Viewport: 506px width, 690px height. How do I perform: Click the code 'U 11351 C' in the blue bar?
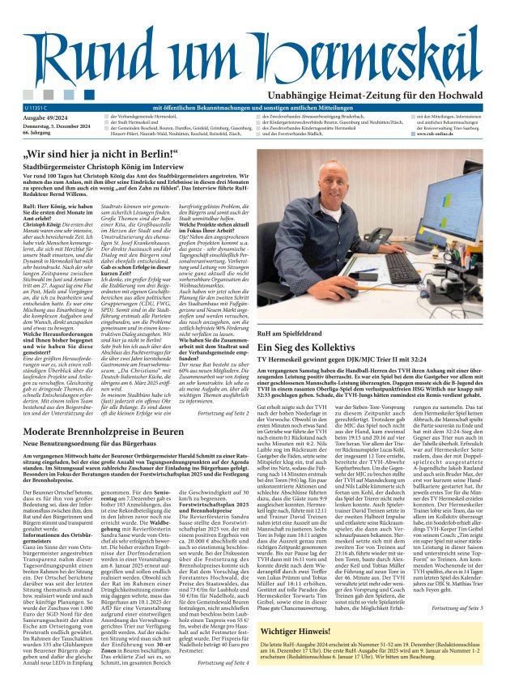click(x=36, y=107)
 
